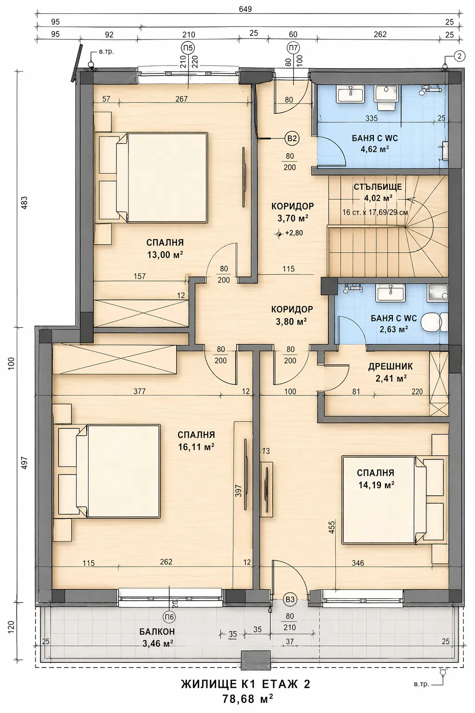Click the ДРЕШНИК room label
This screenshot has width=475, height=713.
point(391,366)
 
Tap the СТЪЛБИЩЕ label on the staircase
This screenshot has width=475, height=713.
point(378,187)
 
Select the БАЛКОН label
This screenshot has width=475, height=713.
point(157,631)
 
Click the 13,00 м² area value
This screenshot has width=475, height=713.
point(165,255)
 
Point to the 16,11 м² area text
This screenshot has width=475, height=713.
point(196,447)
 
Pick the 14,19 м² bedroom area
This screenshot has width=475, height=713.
point(376,485)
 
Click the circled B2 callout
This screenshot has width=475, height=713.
point(292,138)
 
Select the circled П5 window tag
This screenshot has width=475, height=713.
point(188,48)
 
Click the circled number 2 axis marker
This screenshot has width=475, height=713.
point(459,56)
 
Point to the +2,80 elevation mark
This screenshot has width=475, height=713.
point(289,233)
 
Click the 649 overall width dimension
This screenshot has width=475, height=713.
point(245,9)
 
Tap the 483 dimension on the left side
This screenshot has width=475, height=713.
point(25,203)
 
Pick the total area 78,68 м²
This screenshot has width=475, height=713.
point(248,699)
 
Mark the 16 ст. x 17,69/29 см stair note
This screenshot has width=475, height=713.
point(375,212)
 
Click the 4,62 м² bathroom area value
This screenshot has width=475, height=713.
point(375,149)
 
